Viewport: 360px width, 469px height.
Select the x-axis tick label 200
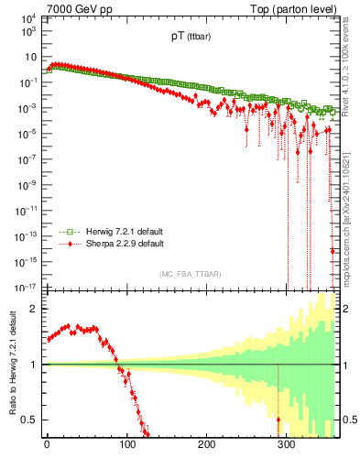coord(207,445)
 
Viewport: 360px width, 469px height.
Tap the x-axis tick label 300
coord(287,445)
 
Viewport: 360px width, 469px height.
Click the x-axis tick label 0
coord(47,445)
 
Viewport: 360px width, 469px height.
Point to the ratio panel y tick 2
coord(31,309)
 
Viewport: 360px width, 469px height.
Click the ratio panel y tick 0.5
coord(27,420)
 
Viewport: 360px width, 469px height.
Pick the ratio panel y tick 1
coord(31,365)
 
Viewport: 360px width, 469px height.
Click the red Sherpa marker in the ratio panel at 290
coord(278,420)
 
